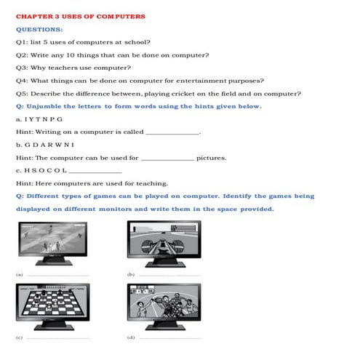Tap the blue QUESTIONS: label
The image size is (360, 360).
[x=39, y=29]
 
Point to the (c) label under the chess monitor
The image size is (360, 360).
[x=19, y=338]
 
